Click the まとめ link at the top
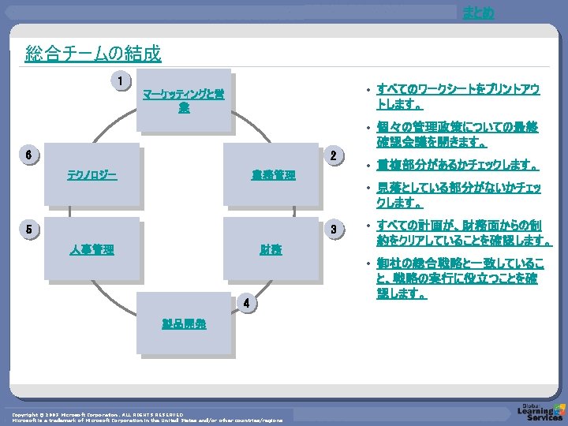click(479, 13)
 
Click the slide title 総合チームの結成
click(93, 54)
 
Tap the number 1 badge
click(120, 80)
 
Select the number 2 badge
click(334, 155)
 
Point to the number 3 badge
click(334, 230)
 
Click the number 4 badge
click(247, 303)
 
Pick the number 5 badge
click(28, 230)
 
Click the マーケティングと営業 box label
click(183, 101)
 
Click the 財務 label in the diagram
click(271, 250)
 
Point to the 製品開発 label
click(184, 323)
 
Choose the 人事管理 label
click(92, 250)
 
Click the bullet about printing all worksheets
click(458, 97)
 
